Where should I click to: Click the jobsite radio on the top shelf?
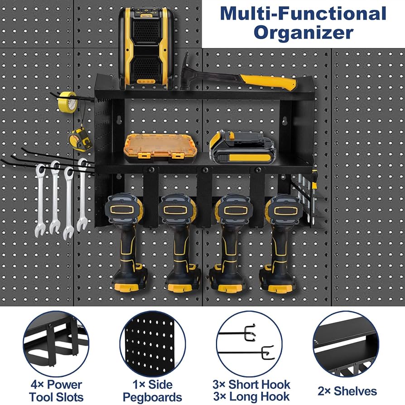click(146, 48)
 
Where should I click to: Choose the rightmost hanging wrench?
click(82, 195)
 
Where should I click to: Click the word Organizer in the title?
click(303, 33)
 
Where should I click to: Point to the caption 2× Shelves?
click(347, 391)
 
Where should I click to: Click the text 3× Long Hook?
click(251, 396)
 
